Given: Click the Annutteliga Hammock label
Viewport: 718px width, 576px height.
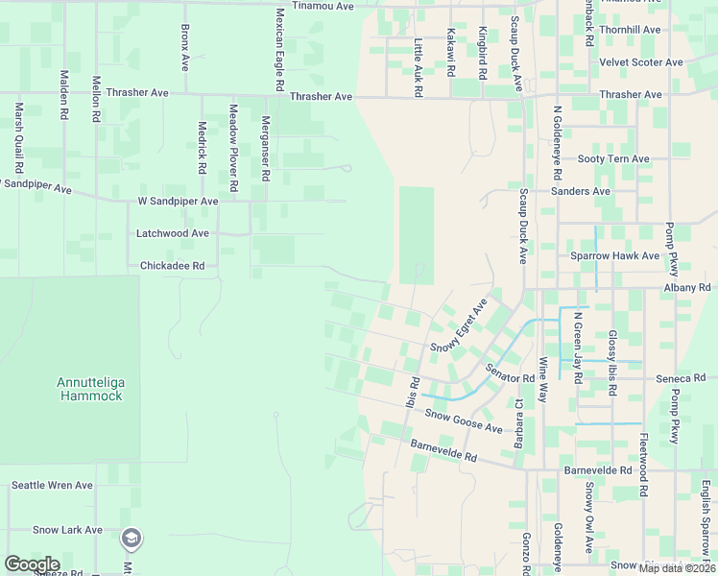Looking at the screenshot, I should tap(89, 388).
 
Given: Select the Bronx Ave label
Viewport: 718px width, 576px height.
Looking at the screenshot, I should tap(185, 48).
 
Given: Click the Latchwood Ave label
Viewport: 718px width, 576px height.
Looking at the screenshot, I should tap(173, 233).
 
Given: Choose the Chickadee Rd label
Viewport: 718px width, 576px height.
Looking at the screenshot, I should tap(173, 266).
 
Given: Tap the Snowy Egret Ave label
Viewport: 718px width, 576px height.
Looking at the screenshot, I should tap(459, 325).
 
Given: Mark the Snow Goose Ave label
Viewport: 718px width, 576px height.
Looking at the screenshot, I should tap(464, 421).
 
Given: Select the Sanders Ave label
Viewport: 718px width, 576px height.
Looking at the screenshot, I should tap(581, 191).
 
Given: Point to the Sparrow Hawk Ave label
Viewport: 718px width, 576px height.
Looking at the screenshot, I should tap(615, 256).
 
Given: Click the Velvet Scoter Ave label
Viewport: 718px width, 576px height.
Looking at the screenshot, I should tap(640, 62).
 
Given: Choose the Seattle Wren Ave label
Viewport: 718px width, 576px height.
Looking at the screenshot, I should tap(52, 486).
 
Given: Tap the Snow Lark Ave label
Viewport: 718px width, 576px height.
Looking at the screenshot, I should tap(67, 530).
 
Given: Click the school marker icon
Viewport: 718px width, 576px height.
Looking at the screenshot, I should tap(131, 539).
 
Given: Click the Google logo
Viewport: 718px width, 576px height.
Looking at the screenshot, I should tap(32, 564).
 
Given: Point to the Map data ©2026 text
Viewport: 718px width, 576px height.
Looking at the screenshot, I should tap(677, 568).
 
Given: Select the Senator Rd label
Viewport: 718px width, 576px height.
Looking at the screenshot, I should tap(509, 372).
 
